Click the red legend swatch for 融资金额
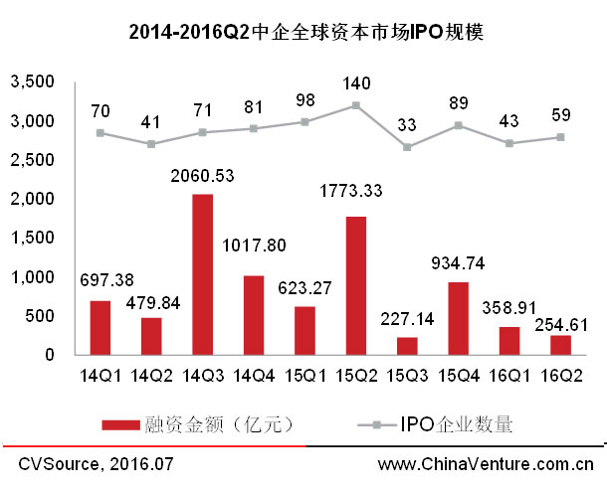point(130,424)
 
